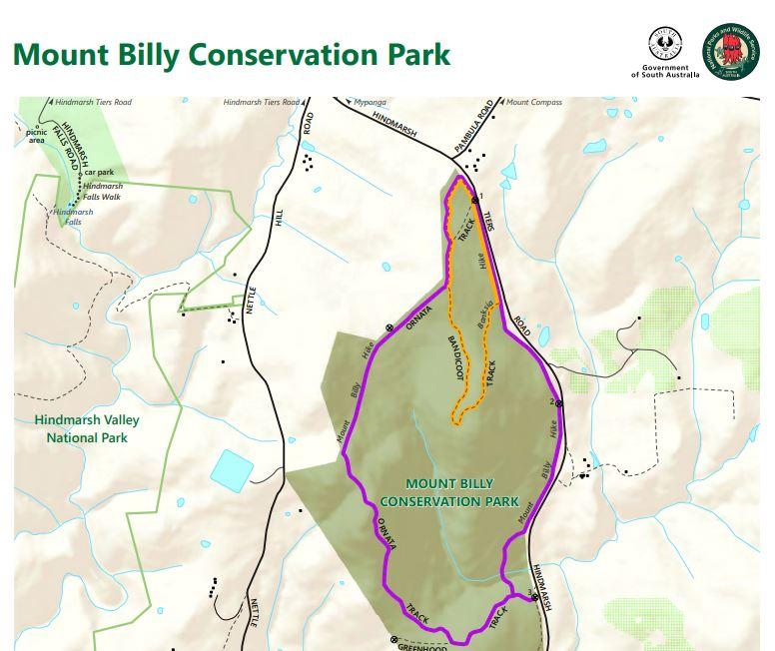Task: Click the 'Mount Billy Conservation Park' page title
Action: tap(231, 54)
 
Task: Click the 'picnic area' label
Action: tap(37, 135)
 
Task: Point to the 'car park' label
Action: tap(99, 172)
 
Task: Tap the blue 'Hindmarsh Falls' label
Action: tap(73, 217)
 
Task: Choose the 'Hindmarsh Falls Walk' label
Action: tap(103, 191)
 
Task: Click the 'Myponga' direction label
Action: tap(372, 102)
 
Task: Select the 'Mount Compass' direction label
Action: tap(533, 102)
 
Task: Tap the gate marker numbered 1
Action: tap(474, 200)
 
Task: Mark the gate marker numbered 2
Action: tap(559, 403)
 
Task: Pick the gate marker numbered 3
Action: tap(536, 597)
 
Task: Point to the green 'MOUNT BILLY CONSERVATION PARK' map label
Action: tap(448, 491)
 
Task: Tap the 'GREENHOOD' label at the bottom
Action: tap(423, 646)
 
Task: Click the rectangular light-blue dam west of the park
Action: tap(232, 467)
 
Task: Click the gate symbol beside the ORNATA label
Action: tap(389, 327)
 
